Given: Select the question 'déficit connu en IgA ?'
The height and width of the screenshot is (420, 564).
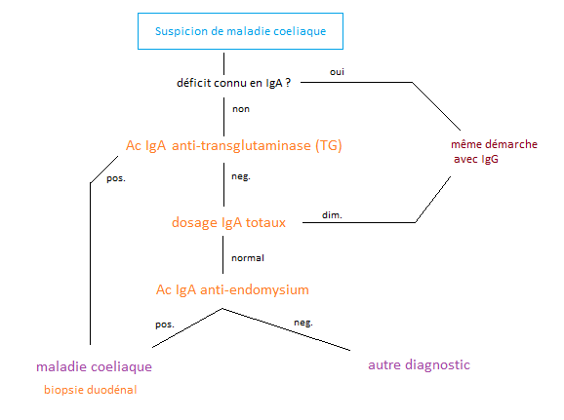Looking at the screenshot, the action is [x=233, y=83].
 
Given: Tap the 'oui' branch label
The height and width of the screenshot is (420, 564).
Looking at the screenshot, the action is [x=337, y=72].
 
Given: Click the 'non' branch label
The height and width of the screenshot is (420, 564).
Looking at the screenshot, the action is [x=241, y=109].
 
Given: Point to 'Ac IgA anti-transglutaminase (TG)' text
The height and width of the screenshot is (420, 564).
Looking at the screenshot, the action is [x=234, y=145].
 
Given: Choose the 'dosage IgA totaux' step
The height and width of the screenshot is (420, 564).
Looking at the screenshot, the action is [x=228, y=222].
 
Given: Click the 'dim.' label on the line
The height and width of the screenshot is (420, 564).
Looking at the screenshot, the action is [x=332, y=214].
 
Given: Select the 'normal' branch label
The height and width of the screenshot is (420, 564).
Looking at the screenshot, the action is [x=248, y=258].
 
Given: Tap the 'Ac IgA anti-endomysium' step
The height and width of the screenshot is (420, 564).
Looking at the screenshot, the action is [x=232, y=289].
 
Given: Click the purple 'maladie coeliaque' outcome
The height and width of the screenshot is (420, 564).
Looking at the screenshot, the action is [x=95, y=366].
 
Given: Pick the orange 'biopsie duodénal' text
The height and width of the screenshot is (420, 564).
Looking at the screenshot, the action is [x=91, y=390].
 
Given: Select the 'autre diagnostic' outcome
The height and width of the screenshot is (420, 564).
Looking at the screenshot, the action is [x=419, y=364].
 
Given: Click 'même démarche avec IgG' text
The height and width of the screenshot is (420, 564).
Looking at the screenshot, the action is [x=494, y=151].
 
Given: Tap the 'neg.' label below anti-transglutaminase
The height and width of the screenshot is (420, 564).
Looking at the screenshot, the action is [x=241, y=176].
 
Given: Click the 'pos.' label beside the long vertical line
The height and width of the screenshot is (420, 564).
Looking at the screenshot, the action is [x=116, y=178].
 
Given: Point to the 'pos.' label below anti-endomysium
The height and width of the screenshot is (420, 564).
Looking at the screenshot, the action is [x=165, y=325].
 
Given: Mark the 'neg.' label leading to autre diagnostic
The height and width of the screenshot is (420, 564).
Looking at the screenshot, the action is [x=303, y=323].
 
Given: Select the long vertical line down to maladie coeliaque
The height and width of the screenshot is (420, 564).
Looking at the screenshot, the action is [x=90, y=264].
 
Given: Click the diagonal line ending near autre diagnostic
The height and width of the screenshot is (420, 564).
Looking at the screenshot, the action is [x=286, y=329].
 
